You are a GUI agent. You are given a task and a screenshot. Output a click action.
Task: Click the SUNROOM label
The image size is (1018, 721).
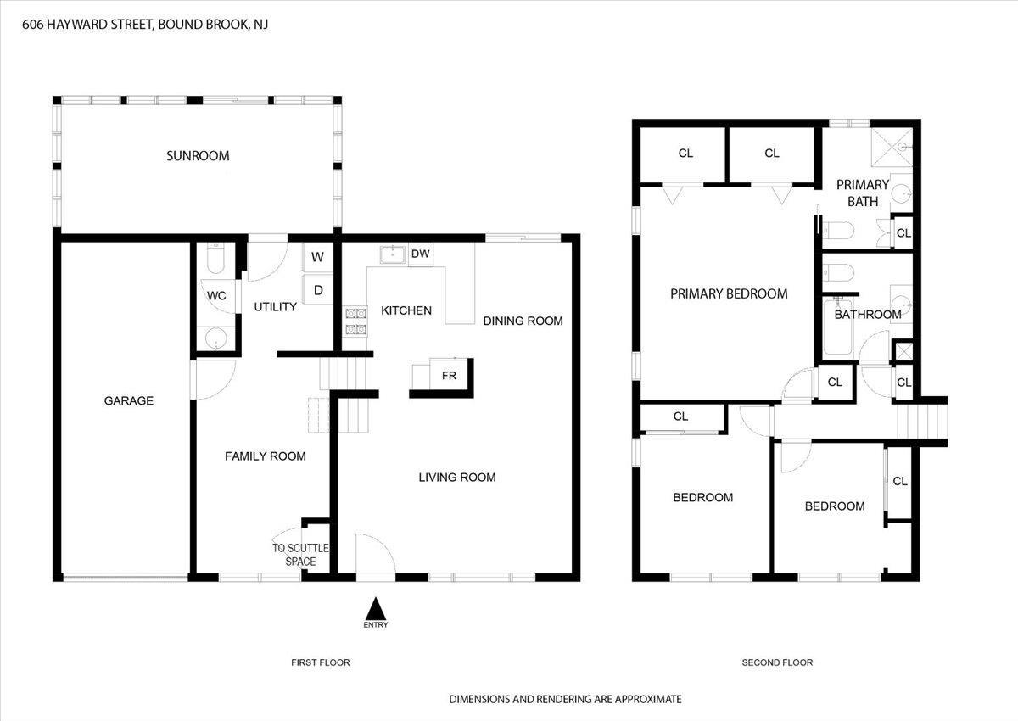click(198, 156)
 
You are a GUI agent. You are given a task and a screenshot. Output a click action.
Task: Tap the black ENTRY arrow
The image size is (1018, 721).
click(375, 608)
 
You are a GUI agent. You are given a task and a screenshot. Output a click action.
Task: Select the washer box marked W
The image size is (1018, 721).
click(317, 257)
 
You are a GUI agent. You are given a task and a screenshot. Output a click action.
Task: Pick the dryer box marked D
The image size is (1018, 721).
click(318, 290)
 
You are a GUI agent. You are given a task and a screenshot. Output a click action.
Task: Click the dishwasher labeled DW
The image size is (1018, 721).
click(421, 254)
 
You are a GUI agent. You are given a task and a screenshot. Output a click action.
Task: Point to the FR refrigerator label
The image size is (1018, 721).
click(449, 375)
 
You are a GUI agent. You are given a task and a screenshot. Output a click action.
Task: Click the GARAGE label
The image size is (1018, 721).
click(129, 400)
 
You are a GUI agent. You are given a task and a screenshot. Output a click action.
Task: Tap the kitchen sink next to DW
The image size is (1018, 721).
click(393, 254)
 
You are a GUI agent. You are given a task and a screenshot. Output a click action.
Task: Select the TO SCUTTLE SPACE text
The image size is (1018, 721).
click(300, 555)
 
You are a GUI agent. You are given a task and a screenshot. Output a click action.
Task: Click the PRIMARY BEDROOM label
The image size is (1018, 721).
click(729, 294)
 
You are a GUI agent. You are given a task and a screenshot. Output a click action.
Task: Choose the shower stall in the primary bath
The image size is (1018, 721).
click(892, 148)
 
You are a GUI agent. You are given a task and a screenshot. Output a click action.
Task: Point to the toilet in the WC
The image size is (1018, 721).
click(215, 259)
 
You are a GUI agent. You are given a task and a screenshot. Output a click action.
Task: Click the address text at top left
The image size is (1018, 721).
click(145, 24)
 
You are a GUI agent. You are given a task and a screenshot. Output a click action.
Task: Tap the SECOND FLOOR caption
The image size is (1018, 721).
click(777, 662)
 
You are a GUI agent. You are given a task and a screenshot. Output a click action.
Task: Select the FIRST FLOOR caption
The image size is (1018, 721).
click(321, 662)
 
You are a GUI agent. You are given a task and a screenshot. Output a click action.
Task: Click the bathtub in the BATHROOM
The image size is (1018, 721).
click(838, 327)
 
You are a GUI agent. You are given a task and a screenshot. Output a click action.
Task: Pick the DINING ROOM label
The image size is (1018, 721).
click(523, 321)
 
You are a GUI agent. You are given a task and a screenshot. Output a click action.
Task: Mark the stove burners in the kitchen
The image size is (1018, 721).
click(355, 321)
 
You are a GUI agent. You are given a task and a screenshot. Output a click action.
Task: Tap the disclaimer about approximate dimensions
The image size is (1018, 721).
click(565, 699)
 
